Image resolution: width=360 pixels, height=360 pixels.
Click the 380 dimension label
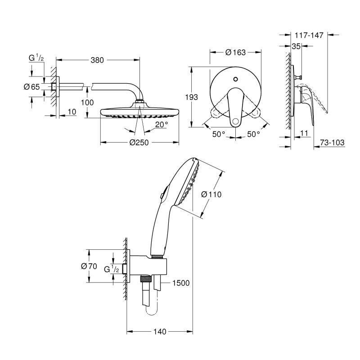[97, 60]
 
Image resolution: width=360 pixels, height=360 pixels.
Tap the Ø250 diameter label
[139, 143]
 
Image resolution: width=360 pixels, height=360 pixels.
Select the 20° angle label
[162, 125]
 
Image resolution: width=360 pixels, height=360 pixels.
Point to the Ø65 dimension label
[31, 87]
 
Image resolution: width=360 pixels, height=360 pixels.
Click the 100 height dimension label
[87, 103]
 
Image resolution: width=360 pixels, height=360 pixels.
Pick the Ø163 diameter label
[235, 52]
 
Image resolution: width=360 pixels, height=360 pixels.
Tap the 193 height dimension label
[192, 97]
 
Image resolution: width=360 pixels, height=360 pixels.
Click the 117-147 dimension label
[309, 35]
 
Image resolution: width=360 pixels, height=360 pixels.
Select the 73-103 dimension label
[332, 143]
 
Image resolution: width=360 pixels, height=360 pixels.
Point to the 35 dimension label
[296, 46]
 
